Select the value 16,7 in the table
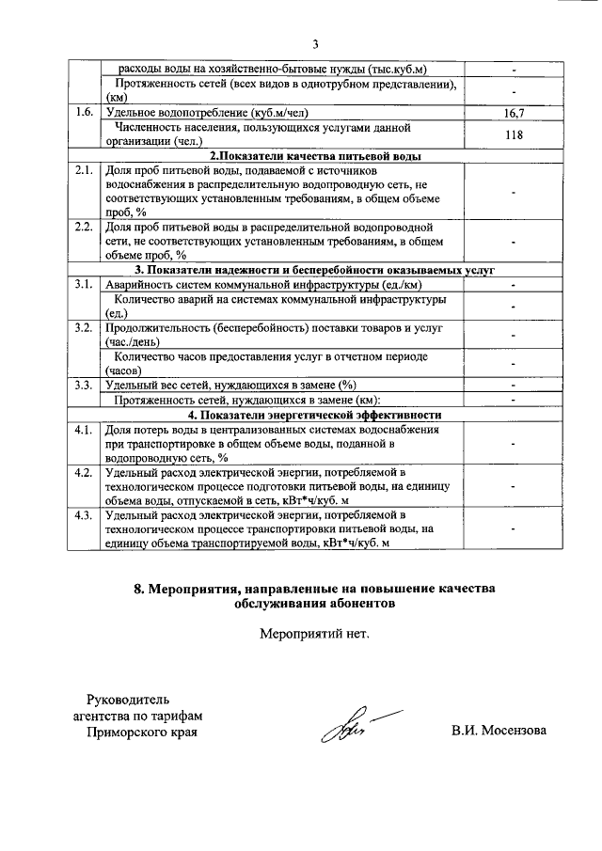point(514,113)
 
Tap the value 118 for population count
point(514,134)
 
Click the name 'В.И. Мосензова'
point(499,731)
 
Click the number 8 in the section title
point(138,589)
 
